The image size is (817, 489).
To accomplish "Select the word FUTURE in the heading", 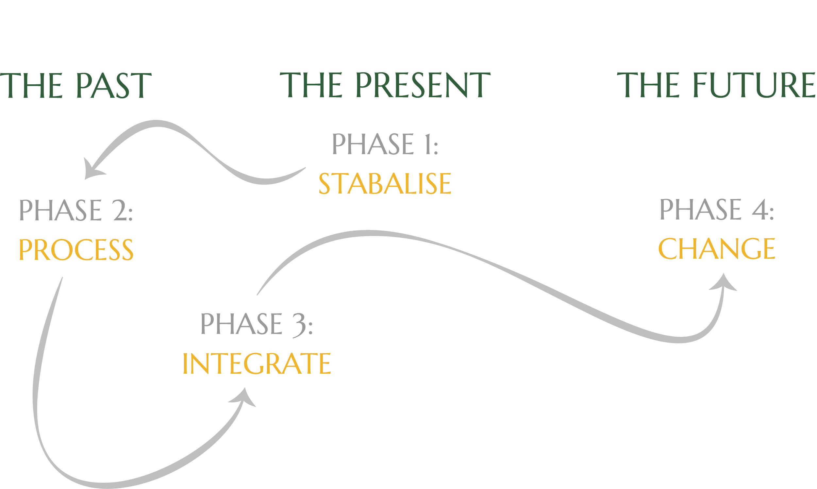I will point(754,86).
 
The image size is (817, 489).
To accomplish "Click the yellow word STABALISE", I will point(385,184).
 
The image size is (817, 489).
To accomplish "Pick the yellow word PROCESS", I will point(76,249).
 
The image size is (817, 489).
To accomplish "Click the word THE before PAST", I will point(31,86).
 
